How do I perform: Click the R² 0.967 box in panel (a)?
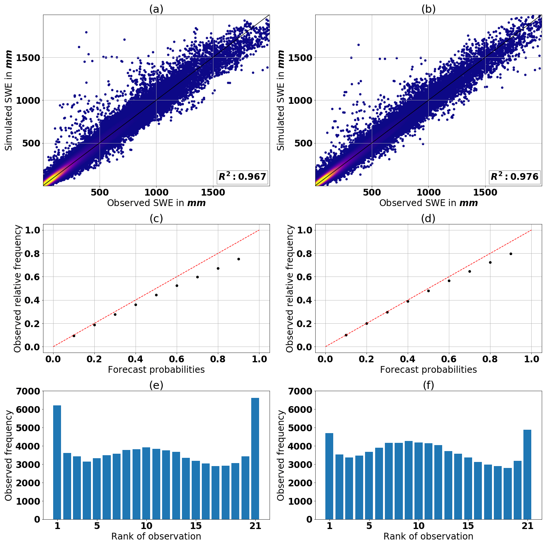(242, 176)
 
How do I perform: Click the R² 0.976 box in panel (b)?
(514, 176)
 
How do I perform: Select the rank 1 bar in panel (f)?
(329, 476)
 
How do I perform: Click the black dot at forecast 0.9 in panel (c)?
(238, 259)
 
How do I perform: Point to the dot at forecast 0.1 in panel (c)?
(74, 336)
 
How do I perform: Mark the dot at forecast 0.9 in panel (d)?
(511, 254)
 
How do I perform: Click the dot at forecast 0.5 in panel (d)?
(428, 291)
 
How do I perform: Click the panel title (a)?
(156, 9)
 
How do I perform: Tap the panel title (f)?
(428, 385)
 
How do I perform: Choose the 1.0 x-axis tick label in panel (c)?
(259, 359)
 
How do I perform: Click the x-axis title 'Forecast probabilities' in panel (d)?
(428, 370)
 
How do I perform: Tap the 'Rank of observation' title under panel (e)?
(156, 536)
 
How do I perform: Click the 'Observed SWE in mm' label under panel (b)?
(428, 203)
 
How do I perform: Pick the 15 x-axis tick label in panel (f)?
(468, 526)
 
